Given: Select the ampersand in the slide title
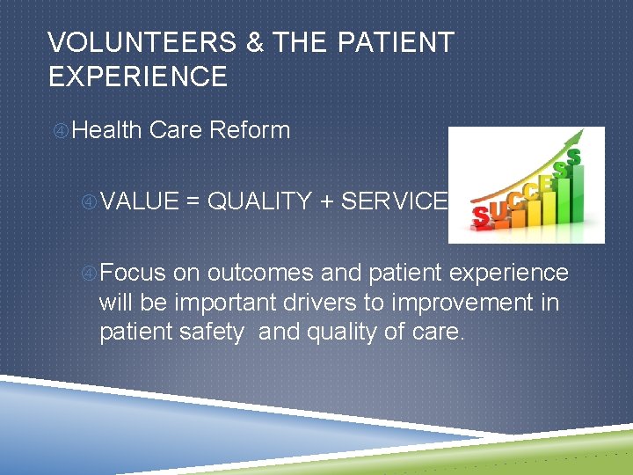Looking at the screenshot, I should click(x=256, y=42).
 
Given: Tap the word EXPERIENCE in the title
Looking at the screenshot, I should click(x=138, y=77).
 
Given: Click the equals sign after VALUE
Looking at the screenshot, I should click(x=193, y=201).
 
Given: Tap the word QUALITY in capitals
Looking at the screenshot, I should click(x=259, y=201).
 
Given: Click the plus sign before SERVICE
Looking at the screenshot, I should click(x=326, y=201).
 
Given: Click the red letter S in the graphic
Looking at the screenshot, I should click(x=482, y=215).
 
